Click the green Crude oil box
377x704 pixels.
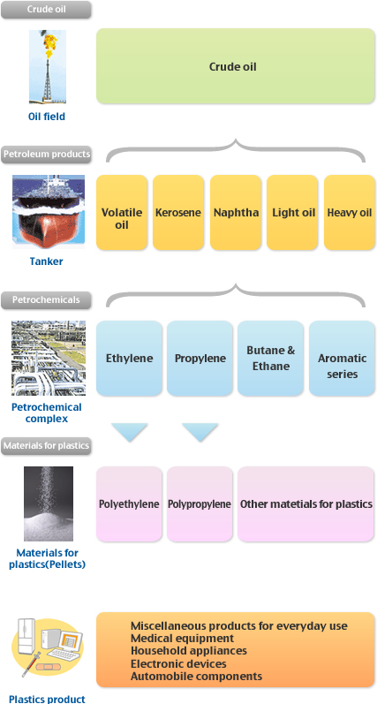pos(235,66)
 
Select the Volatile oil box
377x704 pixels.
pos(122,212)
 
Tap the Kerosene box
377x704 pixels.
pos(178,212)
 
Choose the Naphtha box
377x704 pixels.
pos(236,212)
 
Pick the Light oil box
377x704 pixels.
pos(292,212)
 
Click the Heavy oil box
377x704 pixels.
pos(349,212)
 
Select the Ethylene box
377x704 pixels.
pos(129,359)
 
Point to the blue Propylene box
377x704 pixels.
pos(200,359)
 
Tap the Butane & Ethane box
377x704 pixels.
pos(271,359)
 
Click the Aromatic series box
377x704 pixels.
pos(342,359)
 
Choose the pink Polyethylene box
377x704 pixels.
pos(129,503)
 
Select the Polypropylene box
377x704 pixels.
pos(200,503)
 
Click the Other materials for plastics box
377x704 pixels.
pos(306,503)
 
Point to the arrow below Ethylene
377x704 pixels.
pos(129,431)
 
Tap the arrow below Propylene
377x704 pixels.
pos(200,431)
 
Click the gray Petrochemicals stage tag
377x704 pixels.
pos(46,299)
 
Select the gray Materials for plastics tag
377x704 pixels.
pos(46,446)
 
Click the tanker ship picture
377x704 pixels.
pos(49,211)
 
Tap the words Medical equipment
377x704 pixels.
pos(182,638)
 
